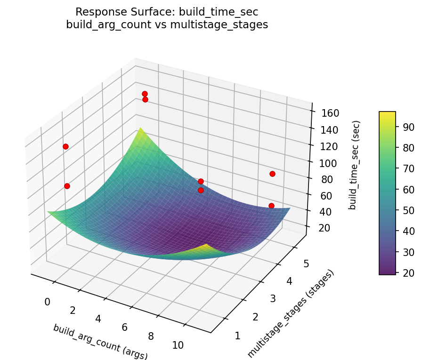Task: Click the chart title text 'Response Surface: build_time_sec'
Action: pos(167,12)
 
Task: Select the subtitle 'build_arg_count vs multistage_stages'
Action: pos(167,25)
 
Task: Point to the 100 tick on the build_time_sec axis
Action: pos(324,163)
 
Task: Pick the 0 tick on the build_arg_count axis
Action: pos(47,302)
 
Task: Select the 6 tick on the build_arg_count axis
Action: pos(125,327)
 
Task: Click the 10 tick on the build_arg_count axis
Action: pos(178,345)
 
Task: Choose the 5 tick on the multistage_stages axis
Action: pos(306,264)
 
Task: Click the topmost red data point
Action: pos(145,94)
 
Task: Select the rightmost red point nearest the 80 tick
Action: pos(272,174)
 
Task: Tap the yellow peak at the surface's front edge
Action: pos(206,246)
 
